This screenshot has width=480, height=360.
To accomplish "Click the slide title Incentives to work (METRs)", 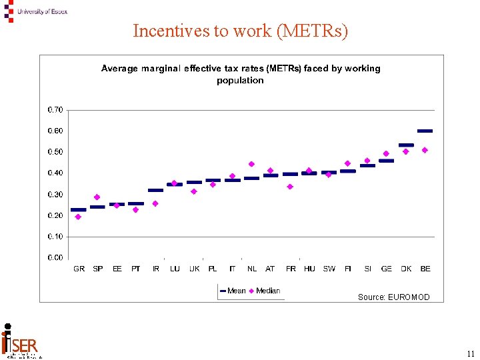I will [240, 31].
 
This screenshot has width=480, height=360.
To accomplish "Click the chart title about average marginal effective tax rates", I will [240, 74].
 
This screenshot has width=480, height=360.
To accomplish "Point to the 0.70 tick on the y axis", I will [55, 109].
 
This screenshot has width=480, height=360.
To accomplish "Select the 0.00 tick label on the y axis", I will [55, 257].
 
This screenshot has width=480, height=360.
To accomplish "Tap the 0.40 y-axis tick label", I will [55, 173].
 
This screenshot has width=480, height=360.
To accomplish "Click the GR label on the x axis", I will [79, 269].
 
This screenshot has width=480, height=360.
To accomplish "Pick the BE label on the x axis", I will [425, 269].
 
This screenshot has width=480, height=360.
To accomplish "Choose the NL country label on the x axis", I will [252, 269].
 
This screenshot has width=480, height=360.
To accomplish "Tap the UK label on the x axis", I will [194, 269].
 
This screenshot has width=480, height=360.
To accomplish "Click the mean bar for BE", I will [425, 131].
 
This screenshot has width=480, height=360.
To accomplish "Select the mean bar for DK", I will [406, 145].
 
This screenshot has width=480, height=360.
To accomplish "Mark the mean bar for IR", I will [155, 190].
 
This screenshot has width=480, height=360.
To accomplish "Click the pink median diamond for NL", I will [251, 164].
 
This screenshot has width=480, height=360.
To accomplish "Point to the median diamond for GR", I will [78, 217].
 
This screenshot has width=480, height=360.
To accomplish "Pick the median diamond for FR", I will [290, 187].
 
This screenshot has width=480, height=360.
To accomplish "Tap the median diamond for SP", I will [97, 197].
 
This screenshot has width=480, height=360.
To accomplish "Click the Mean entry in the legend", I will [233, 291].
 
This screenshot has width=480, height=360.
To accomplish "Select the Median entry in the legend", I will [265, 291].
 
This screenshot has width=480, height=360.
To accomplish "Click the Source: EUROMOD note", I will [393, 297].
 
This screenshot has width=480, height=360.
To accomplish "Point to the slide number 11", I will [471, 354].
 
